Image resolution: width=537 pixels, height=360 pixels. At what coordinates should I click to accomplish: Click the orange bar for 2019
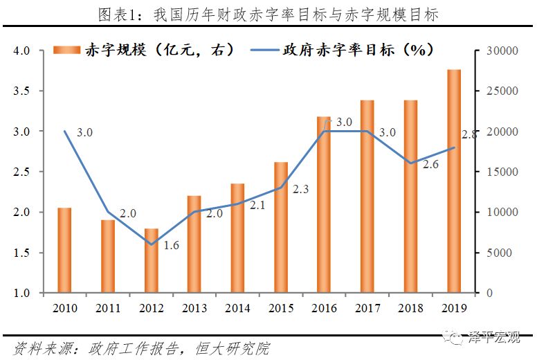[453, 181]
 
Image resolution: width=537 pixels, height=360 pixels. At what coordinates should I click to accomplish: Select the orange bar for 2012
[151, 260]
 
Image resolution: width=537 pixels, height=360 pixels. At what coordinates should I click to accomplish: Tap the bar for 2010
[64, 250]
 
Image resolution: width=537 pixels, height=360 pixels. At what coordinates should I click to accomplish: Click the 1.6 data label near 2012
[172, 246]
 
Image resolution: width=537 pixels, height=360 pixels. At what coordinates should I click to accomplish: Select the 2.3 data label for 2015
[302, 189]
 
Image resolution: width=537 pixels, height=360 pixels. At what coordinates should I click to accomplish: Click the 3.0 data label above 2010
[85, 132]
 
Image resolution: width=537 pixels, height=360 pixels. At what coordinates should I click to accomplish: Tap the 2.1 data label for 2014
[258, 206]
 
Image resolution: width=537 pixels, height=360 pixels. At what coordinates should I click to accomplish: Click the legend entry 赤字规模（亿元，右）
[145, 50]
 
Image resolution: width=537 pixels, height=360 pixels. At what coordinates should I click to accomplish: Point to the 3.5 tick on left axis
[22, 91]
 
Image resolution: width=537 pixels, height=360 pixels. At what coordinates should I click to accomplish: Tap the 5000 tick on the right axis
[496, 253]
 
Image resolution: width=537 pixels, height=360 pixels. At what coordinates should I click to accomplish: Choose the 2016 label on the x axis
[324, 307]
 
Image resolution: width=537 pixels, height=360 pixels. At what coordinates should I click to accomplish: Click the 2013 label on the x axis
[194, 307]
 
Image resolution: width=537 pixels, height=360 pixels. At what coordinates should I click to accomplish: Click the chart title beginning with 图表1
[268, 15]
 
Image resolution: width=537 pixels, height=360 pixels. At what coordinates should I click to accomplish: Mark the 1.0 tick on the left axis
[22, 293]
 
